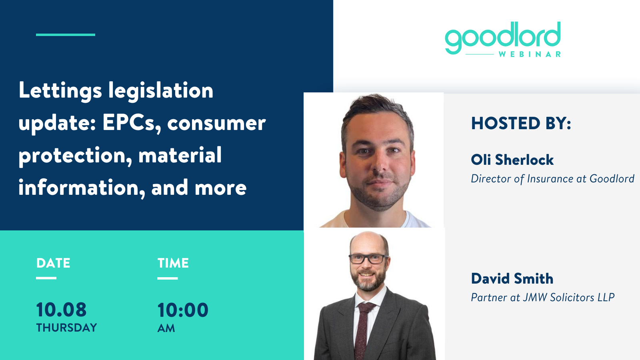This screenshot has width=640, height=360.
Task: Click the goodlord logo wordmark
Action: pos(502,38)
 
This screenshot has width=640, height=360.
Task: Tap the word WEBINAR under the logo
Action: pos(530,54)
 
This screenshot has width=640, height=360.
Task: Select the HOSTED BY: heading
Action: pos(521,124)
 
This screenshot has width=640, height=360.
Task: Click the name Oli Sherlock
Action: pos(512,160)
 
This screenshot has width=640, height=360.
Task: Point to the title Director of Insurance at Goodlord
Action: pos(552,179)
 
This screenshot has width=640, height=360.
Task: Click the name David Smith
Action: pos(512,278)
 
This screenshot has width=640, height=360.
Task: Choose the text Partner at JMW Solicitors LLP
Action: pos(542,298)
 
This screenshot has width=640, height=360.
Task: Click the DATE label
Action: pos(53,263)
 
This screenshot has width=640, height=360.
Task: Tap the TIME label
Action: pos(173,263)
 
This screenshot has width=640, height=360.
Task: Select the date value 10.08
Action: pos(61,310)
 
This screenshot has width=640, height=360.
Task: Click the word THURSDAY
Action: pos(66,328)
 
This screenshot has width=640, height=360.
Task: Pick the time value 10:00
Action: pos(183,310)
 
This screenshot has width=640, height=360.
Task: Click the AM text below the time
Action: pos(166,328)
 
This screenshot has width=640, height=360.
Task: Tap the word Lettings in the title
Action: pos(60,91)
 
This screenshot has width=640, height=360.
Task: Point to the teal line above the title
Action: pos(66,35)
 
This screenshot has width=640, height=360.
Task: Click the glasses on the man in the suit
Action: pos(368,259)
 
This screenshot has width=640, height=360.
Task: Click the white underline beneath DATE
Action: pos(46,278)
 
